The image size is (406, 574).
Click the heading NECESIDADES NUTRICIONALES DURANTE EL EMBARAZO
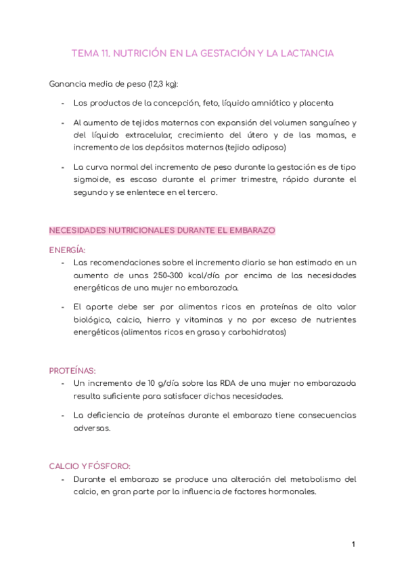(x=162, y=230)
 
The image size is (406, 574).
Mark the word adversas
(x=91, y=428)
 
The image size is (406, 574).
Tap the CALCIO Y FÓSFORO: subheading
(x=90, y=466)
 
